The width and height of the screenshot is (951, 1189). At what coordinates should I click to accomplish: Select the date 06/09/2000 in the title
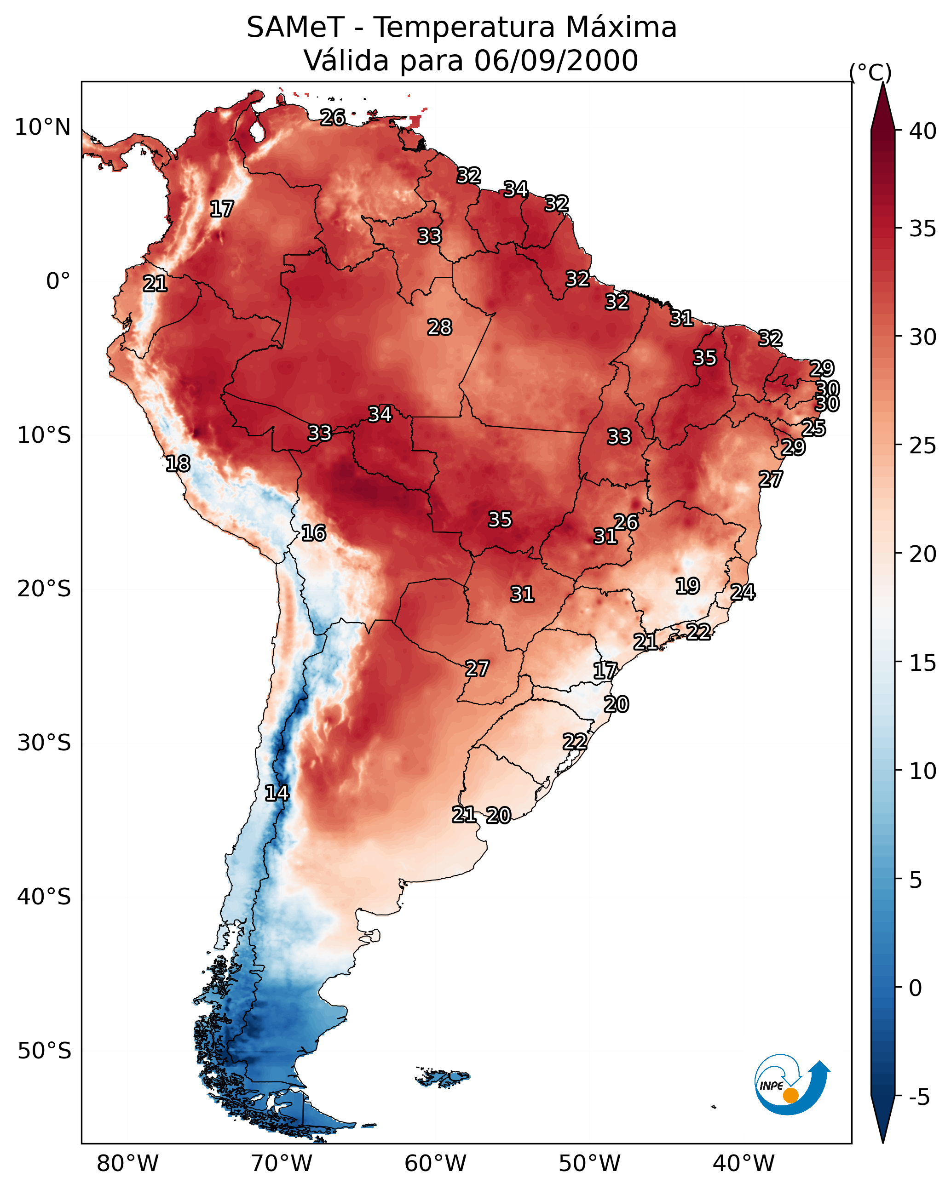coord(556,61)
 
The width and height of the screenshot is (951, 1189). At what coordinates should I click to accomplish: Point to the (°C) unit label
coord(870,72)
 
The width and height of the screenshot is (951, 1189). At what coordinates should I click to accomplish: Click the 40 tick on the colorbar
coord(923,131)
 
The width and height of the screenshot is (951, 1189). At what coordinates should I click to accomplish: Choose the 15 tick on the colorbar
coord(923,663)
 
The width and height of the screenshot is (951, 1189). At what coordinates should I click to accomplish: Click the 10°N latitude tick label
coord(42,127)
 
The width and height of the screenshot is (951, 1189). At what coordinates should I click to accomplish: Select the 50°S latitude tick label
coord(44,1051)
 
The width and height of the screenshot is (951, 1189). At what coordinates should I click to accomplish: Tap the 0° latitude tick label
coord(58,281)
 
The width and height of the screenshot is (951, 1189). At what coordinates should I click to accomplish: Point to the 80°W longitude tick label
coord(127,1164)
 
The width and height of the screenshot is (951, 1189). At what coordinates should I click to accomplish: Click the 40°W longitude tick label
coord(744,1164)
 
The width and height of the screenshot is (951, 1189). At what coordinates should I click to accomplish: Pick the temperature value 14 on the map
coord(277,794)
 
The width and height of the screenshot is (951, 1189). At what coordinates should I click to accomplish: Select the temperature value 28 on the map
coord(439,327)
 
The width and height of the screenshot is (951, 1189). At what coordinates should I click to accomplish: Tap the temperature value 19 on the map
coord(688,586)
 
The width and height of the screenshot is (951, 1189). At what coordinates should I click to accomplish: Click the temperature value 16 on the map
coord(313,533)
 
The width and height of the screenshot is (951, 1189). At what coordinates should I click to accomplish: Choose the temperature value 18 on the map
coord(178,464)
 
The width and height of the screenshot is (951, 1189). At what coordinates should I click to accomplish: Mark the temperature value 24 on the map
coord(743,592)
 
